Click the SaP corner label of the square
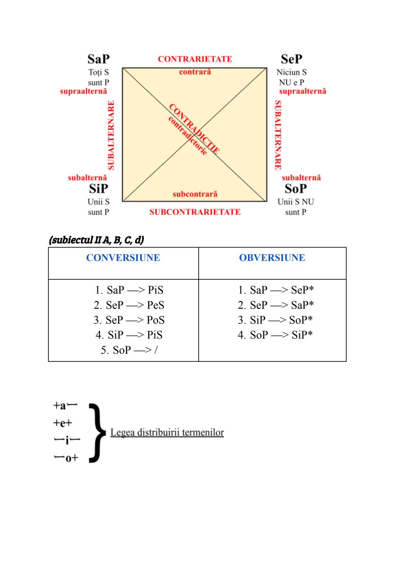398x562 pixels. coord(98,59)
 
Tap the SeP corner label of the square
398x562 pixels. coord(291,59)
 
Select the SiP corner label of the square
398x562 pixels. coord(98,189)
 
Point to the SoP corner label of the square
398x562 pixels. coord(296,189)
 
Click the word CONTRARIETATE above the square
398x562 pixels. coord(195,59)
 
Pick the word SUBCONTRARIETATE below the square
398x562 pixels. coord(195,212)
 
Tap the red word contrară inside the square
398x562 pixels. coord(195,72)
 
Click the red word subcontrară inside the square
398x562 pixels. coord(195,194)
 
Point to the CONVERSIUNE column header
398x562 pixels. coord(123,258)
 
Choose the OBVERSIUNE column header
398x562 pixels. coord(272,258)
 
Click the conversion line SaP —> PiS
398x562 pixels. coord(129,290)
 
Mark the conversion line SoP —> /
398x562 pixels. coord(129,350)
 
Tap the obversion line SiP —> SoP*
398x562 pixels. coord(275,320)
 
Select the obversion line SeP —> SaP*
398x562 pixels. coord(276,305)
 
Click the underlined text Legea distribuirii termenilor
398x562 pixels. coord(167,432)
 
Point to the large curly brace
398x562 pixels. coord(95,432)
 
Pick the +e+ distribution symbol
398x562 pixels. coord(63,423)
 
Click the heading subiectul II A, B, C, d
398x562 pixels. coord(96,240)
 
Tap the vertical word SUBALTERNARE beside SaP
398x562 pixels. coord(111,135)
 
